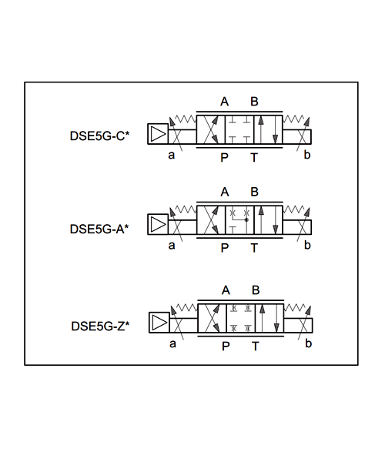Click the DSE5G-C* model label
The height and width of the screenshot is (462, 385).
(99, 136)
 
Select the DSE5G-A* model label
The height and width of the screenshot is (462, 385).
(99, 229)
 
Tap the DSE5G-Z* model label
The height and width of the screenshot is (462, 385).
(100, 326)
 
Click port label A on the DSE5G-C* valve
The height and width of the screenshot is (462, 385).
(225, 102)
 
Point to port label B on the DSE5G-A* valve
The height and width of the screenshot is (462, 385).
(255, 192)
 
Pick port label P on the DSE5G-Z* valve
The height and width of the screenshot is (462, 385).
(226, 346)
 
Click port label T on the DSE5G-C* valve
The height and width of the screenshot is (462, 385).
(254, 158)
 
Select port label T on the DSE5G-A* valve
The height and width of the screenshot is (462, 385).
(254, 248)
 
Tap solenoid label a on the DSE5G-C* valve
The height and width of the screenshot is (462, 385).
(172, 155)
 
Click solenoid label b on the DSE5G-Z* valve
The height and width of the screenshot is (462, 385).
(309, 343)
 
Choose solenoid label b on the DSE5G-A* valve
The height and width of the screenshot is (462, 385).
(307, 245)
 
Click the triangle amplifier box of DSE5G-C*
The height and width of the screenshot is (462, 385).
(158, 134)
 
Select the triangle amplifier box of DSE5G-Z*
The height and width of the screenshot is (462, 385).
(159, 323)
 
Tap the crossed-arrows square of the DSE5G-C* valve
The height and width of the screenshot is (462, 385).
(211, 129)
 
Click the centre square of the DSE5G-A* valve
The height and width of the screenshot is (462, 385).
(239, 220)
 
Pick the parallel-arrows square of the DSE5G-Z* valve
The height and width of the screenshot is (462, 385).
(269, 318)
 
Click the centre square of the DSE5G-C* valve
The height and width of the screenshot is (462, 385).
(239, 129)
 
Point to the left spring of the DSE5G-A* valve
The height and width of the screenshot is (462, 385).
(186, 209)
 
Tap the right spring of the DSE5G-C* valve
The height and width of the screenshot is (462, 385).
(293, 119)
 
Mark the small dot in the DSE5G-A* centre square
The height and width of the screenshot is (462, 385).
(246, 219)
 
